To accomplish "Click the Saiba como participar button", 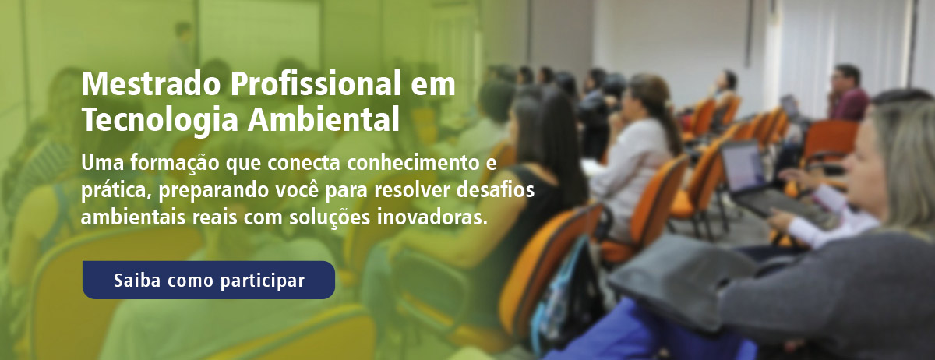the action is (208, 280).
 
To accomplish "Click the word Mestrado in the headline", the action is (151, 84).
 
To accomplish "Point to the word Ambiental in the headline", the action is (323, 119).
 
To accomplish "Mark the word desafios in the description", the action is (496, 189).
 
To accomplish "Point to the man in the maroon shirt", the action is (848, 94).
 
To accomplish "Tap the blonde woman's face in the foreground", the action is (866, 167).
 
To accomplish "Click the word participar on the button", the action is (263, 281).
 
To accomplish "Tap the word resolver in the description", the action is (412, 190).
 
